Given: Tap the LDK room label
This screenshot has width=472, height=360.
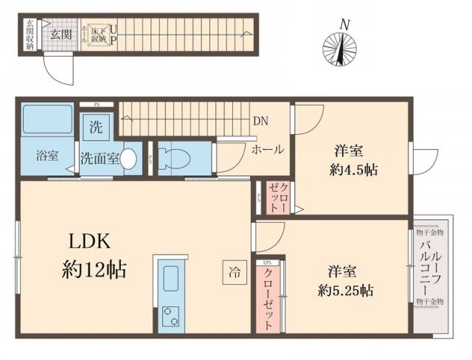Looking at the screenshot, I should [x=90, y=241].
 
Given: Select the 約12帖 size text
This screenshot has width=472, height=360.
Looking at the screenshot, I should [x=93, y=269].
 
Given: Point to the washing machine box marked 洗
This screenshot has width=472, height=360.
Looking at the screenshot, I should [x=96, y=126].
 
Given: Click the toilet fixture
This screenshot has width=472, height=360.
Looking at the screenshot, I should [x=173, y=157].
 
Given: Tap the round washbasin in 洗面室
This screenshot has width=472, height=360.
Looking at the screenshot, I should [x=128, y=158].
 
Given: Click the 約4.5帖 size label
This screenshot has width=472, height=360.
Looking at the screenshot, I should [x=353, y=170].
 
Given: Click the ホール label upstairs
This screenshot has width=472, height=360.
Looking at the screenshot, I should [x=268, y=150].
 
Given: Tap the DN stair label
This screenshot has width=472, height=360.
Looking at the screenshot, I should [x=260, y=122].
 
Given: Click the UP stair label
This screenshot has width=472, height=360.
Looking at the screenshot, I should [x=114, y=35].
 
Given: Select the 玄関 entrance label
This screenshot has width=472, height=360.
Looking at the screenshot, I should [x=60, y=34].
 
